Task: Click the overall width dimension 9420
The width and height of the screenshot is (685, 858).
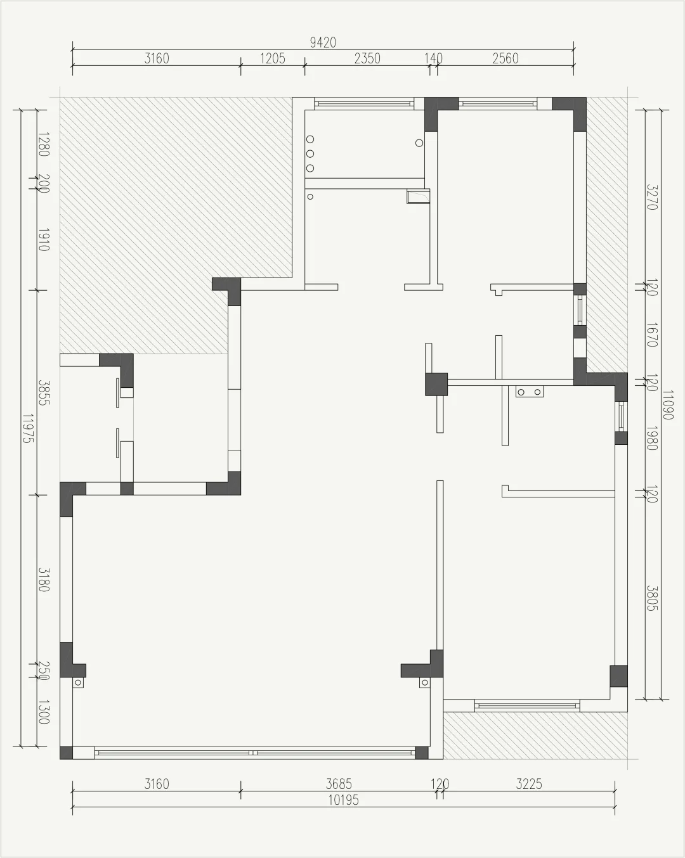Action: click(x=323, y=42)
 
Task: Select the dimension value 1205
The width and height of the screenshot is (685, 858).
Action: click(x=273, y=58)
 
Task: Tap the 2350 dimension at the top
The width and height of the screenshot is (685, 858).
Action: click(x=367, y=58)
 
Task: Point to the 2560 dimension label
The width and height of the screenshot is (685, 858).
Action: click(x=506, y=58)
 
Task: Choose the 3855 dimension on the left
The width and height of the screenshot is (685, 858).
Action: click(x=44, y=393)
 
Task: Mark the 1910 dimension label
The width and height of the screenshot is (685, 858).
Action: click(x=44, y=240)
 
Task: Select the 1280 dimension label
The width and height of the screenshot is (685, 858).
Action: click(x=44, y=144)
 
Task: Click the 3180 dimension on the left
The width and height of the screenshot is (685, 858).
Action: click(x=44, y=580)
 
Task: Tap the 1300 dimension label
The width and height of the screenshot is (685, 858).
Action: click(x=44, y=712)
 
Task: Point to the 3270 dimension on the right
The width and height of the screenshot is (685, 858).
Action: click(x=652, y=197)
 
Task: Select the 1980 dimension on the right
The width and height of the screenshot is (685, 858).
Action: click(x=652, y=438)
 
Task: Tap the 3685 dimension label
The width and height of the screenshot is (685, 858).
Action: click(x=339, y=784)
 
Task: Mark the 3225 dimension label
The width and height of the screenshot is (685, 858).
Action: click(x=529, y=784)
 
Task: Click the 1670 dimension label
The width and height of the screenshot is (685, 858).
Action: click(x=652, y=335)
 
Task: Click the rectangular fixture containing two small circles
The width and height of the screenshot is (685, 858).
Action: click(x=530, y=392)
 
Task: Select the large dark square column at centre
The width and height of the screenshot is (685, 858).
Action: click(x=436, y=384)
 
